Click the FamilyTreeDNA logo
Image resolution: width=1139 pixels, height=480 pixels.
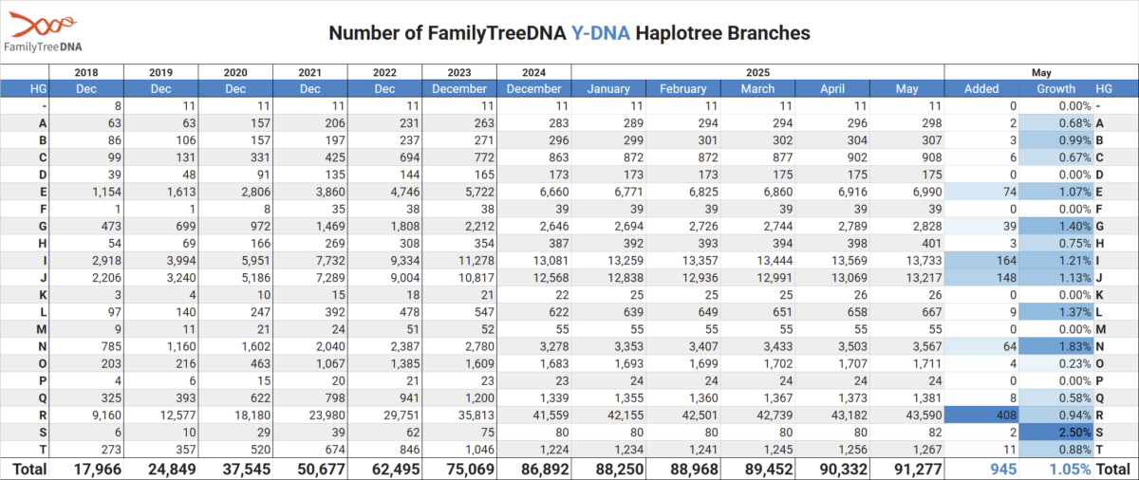click(43, 32)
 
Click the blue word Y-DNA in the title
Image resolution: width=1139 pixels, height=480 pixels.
click(601, 33)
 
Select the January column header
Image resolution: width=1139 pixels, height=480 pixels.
click(608, 89)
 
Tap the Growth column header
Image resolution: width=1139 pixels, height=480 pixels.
click(1056, 89)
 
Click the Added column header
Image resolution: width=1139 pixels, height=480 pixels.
click(981, 89)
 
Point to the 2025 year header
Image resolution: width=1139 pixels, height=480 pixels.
click(757, 73)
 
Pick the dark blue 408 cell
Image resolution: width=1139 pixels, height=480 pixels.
click(981, 415)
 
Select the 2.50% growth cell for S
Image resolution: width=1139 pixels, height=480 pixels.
click(1056, 433)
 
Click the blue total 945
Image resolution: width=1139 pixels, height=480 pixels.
click(1003, 470)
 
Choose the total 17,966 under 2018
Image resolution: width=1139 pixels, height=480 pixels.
click(98, 470)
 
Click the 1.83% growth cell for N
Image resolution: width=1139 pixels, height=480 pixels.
click(1056, 346)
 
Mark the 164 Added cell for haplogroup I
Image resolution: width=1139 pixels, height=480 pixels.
click(981, 261)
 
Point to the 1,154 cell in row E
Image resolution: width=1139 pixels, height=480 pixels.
click(106, 192)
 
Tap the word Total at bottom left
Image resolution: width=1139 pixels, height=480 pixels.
click(29, 470)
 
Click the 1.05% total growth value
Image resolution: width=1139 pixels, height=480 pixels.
click(1071, 470)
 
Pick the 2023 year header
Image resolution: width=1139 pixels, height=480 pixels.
click(459, 73)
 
